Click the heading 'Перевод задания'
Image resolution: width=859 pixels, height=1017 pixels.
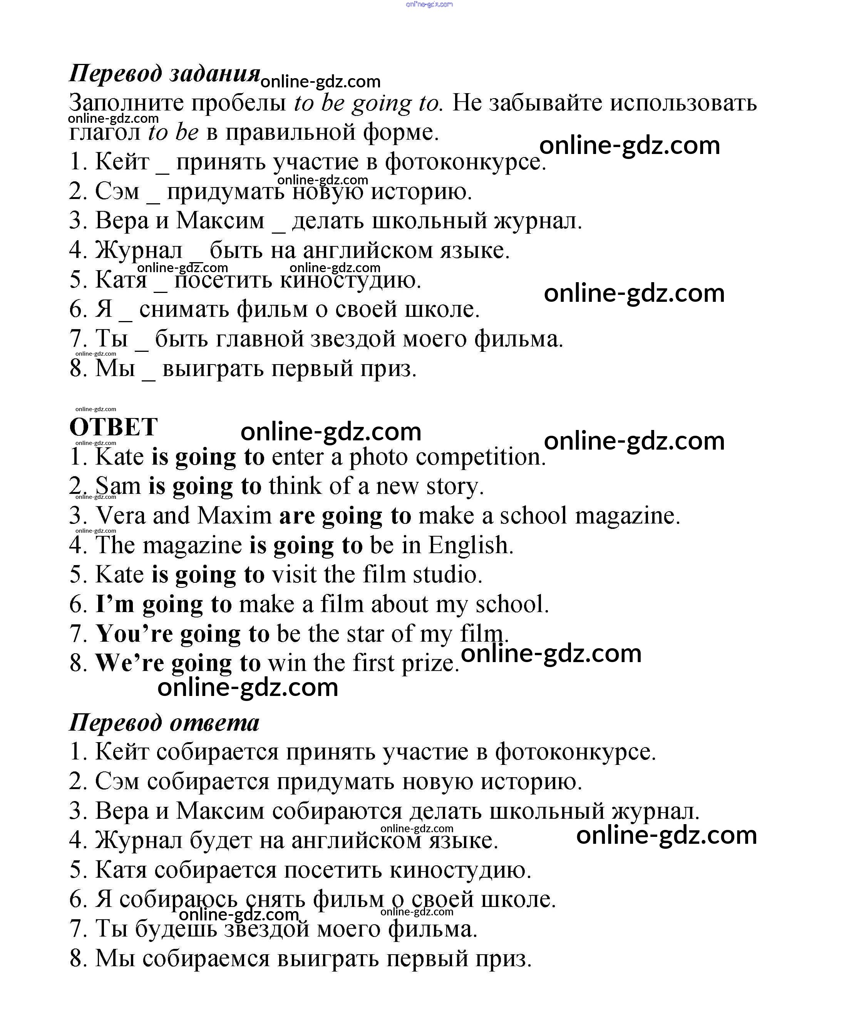[164, 74]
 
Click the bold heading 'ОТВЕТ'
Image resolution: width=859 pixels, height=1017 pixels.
[114, 427]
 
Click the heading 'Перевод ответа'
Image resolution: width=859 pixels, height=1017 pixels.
[164, 722]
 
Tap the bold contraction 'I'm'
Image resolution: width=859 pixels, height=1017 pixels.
[115, 604]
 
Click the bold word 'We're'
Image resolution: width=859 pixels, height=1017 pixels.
[129, 663]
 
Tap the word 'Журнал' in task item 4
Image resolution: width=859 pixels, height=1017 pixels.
[139, 250]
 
